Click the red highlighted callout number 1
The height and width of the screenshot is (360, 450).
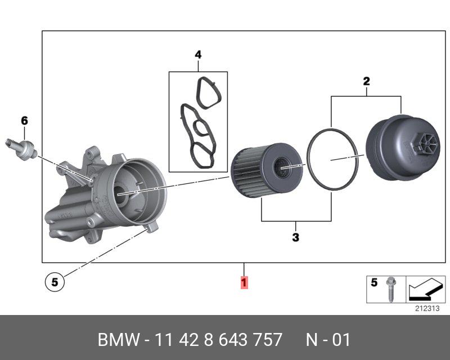tap(244, 282)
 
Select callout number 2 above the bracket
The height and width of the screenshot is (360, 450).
tap(367, 82)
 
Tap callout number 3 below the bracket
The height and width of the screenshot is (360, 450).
tap(296, 237)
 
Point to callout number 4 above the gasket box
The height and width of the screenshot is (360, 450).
tap(198, 55)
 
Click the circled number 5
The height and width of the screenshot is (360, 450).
tap(55, 282)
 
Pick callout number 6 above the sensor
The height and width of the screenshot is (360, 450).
tap(25, 120)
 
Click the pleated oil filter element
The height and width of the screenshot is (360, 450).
tap(267, 170)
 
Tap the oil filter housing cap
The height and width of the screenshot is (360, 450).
tap(403, 147)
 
